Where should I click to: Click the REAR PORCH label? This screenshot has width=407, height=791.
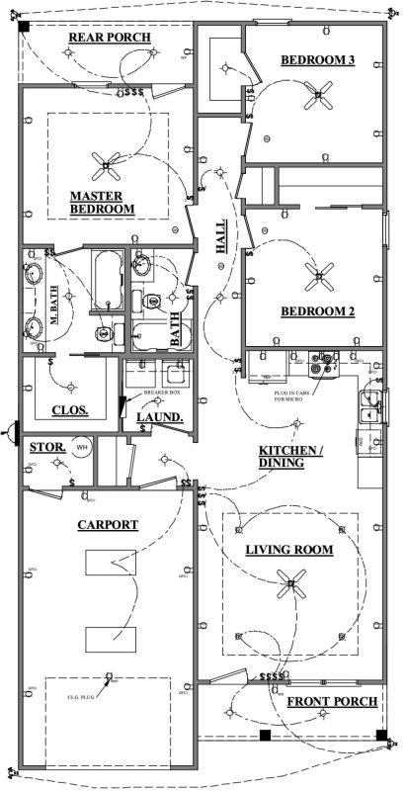pyautogui.click(x=109, y=39)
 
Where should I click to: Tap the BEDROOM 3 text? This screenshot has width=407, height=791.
pyautogui.click(x=317, y=61)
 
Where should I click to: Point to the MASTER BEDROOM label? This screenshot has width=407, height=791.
pyautogui.click(x=102, y=202)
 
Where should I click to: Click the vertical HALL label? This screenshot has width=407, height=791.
pyautogui.click(x=222, y=238)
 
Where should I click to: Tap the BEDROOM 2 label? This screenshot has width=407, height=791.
pyautogui.click(x=317, y=312)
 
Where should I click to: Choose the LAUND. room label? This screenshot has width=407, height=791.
pyautogui.click(x=160, y=418)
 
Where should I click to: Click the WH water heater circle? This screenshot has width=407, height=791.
pyautogui.click(x=84, y=448)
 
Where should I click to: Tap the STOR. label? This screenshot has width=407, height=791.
pyautogui.click(x=47, y=448)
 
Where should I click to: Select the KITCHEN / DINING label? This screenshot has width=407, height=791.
pyautogui.click(x=290, y=456)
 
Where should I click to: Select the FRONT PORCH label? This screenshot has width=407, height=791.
pyautogui.click(x=332, y=702)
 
